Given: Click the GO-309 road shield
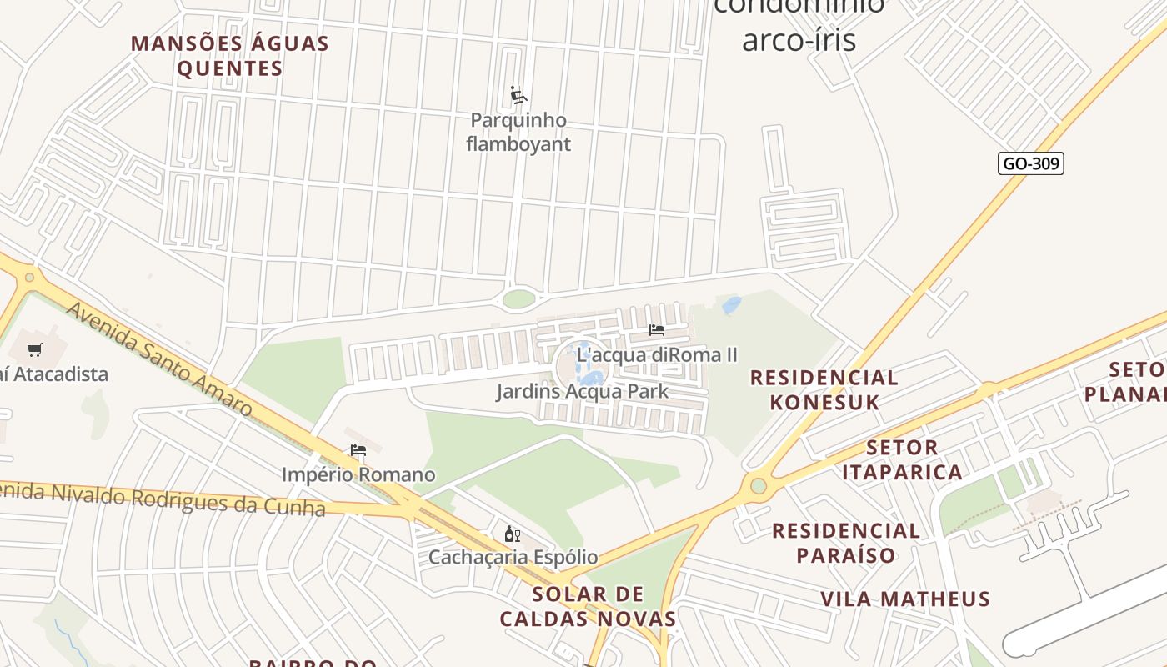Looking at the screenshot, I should click(1031, 163).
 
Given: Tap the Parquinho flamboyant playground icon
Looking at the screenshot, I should click(518, 95).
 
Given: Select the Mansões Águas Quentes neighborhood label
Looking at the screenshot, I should click(230, 56).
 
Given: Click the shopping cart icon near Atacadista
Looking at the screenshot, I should click(34, 350).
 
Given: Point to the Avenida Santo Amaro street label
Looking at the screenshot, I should click(158, 359).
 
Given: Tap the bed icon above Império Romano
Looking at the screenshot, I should click(358, 450).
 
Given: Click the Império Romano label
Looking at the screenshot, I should click(358, 474).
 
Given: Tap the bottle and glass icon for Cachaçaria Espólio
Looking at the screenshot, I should click(512, 534).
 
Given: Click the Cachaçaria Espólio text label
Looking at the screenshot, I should click(513, 557).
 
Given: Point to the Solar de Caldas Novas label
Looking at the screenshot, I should click(588, 606).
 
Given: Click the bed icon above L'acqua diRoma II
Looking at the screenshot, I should click(657, 330).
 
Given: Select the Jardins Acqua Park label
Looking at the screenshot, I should click(582, 391).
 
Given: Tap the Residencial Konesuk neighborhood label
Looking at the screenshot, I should click(824, 389).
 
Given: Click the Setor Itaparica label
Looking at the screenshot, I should click(902, 459).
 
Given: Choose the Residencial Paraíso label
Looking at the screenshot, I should click(846, 543).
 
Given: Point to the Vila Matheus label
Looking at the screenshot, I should click(905, 599).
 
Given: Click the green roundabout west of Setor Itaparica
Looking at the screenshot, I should click(758, 485).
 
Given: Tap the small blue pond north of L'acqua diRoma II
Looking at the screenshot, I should click(732, 305).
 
